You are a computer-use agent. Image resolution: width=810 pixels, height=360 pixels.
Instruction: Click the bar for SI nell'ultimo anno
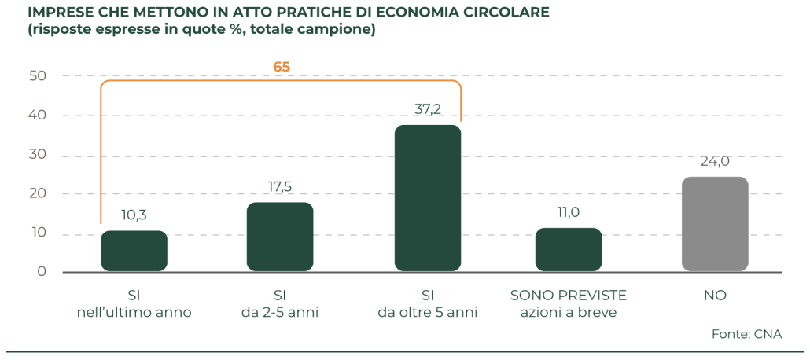point(134,252)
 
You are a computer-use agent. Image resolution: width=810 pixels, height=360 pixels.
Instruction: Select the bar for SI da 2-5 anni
point(280,237)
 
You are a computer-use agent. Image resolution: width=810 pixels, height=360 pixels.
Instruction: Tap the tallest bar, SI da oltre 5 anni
point(427,198)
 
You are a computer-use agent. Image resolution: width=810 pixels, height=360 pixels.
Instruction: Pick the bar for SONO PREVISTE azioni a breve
point(569,250)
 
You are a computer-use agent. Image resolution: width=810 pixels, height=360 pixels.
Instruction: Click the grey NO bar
point(714,224)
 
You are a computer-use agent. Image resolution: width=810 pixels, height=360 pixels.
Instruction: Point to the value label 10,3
point(134,215)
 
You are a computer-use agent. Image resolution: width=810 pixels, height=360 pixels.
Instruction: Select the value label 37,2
point(427,108)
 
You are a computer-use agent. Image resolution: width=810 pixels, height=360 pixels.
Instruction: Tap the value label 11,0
point(569,212)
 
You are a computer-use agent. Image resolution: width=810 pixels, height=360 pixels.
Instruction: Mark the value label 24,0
point(714,161)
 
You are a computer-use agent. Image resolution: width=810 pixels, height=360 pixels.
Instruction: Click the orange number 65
point(282,67)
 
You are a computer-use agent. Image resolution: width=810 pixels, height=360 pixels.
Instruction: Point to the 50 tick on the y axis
point(38,76)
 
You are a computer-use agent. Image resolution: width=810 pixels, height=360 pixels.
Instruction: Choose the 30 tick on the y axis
point(38,155)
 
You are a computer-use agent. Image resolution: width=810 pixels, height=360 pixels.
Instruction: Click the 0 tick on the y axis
point(42,272)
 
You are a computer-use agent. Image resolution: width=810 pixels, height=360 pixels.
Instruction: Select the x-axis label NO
point(715,296)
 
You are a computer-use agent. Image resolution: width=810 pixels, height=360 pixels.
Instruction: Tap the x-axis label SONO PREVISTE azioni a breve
point(569,303)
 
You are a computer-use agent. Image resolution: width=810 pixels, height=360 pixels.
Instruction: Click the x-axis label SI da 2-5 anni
point(279,303)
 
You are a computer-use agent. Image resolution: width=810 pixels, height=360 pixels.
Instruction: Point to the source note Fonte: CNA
point(746,334)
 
